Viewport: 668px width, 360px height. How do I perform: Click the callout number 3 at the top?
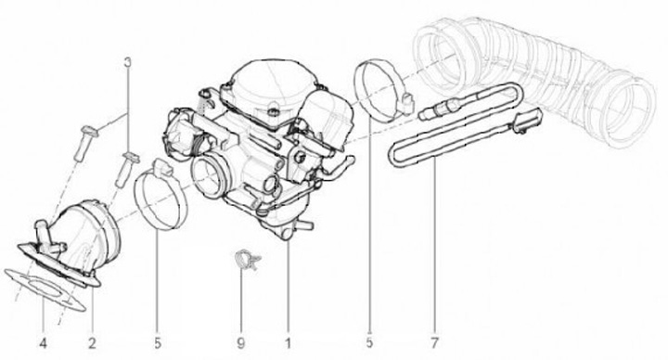127,62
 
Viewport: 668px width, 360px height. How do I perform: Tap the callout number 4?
43,343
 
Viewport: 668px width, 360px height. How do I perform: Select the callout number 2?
92,343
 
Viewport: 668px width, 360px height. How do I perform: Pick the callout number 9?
240,343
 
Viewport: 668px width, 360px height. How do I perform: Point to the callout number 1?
288,343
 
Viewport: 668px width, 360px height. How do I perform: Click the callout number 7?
434,342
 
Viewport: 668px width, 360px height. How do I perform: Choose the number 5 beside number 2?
158,343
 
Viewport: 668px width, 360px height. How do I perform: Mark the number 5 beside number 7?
369,342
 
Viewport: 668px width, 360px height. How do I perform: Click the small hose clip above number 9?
247,260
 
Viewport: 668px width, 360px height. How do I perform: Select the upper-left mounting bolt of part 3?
85,143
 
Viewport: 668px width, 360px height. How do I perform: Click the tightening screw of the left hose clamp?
162,167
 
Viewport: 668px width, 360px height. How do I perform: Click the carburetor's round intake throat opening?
209,176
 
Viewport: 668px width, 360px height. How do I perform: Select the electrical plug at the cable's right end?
527,120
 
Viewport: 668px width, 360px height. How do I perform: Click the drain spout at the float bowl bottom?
305,225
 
